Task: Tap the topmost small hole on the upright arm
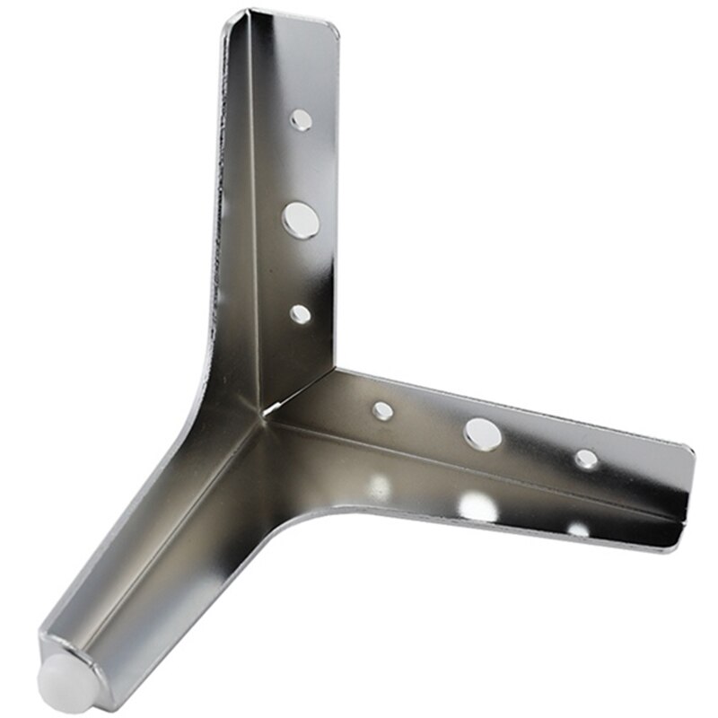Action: tap(302, 118)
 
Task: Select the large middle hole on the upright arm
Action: tap(302, 219)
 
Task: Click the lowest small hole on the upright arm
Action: tap(301, 313)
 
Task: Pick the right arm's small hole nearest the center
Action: tap(383, 411)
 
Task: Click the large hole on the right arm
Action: tap(482, 433)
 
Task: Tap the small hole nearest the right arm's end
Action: tap(586, 459)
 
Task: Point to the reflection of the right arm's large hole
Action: tap(477, 507)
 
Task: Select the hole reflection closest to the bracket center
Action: tap(381, 486)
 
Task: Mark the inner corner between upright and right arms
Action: tap(337, 368)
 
